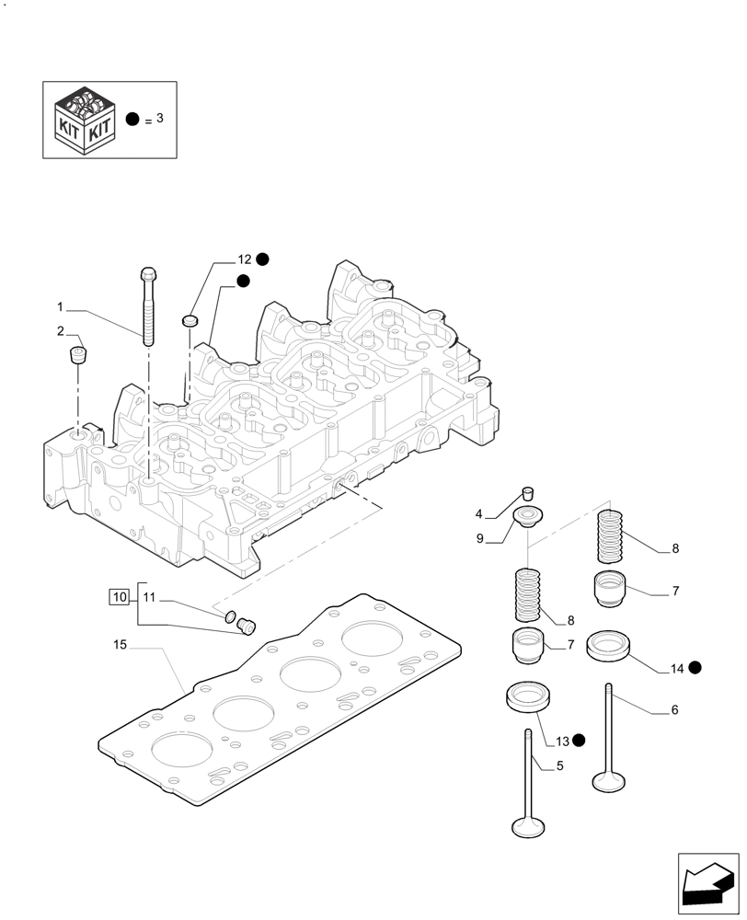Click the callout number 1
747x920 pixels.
60,306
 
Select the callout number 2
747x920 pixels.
60,331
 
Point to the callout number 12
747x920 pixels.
244,260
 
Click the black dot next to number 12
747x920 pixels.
263,259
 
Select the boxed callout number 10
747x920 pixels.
120,597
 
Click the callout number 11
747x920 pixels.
151,598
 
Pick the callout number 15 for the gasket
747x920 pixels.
120,645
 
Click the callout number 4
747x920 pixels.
479,513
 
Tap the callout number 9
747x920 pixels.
479,540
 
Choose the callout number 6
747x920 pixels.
674,709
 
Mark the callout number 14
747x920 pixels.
677,669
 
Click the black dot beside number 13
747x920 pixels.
578,740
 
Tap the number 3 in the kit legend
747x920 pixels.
159,119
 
